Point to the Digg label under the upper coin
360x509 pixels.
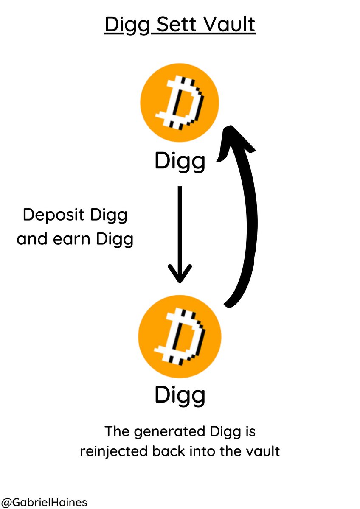[180, 162]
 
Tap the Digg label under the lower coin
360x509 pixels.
[180, 395]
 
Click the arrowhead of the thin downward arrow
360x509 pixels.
[180, 273]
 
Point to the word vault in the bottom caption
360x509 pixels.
[264, 451]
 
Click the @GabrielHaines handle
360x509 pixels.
[44, 502]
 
